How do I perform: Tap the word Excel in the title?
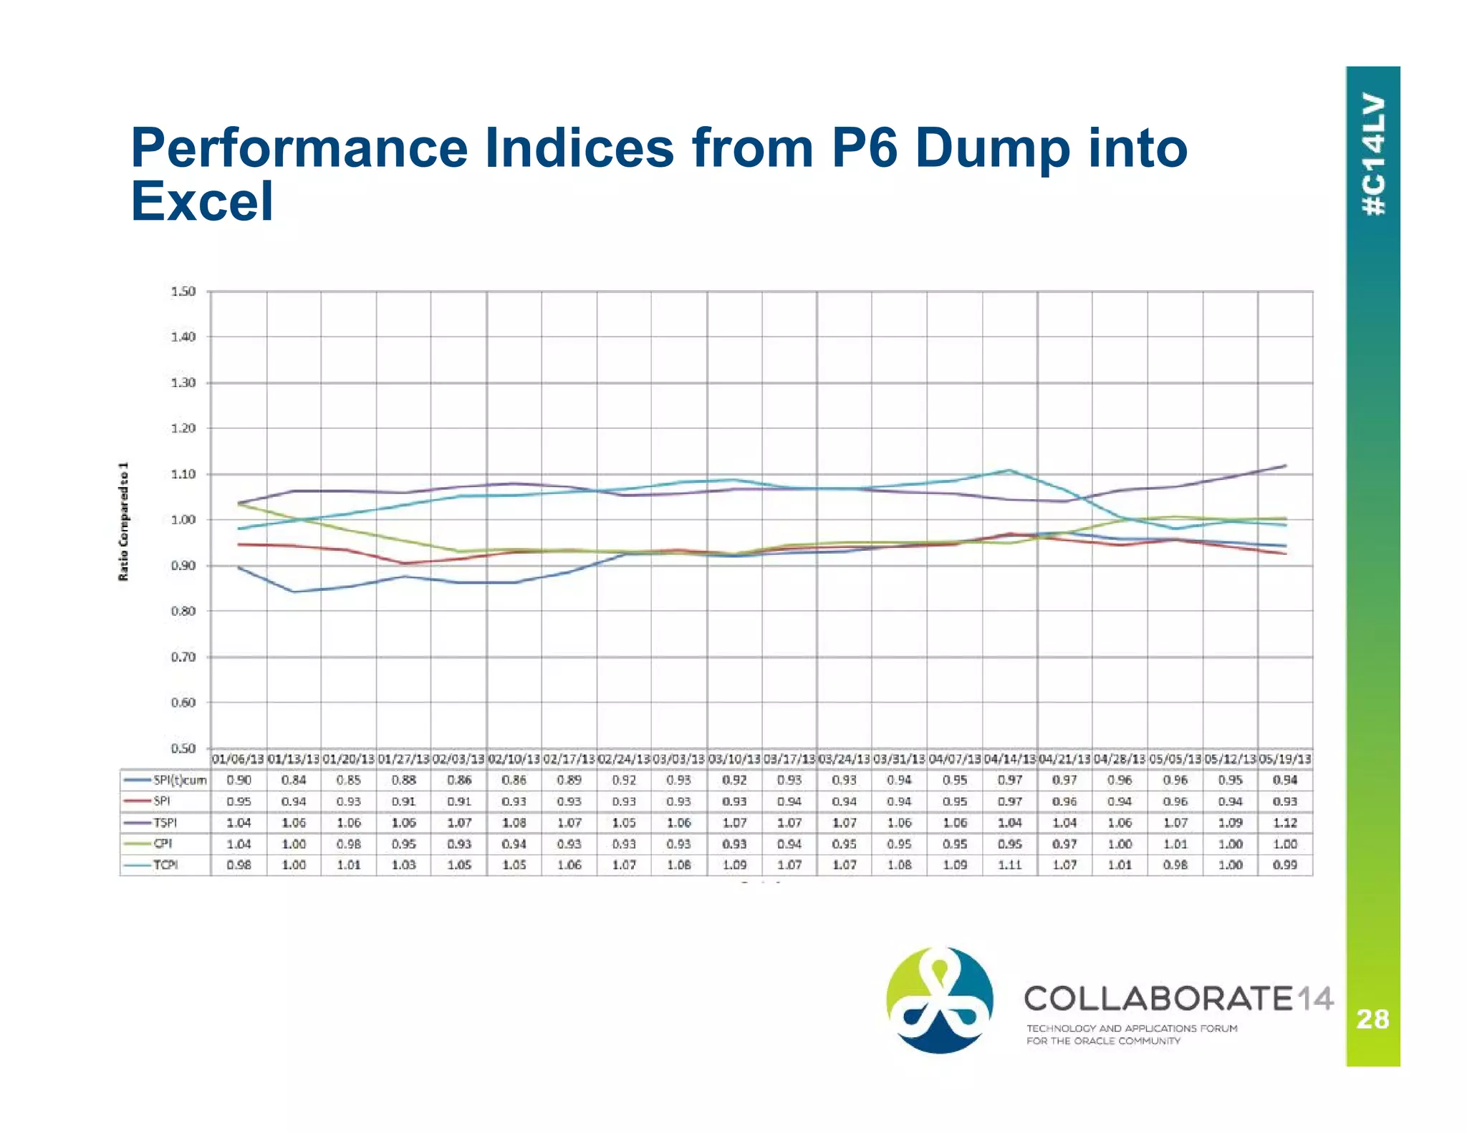click(202, 201)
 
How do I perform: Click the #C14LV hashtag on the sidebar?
click(1373, 155)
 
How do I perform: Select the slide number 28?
click(1372, 1018)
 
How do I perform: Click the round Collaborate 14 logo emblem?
click(940, 1000)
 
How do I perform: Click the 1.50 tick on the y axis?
click(183, 291)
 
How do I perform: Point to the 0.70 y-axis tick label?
click(183, 657)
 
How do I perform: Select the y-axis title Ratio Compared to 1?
click(124, 521)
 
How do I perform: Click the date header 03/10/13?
click(734, 759)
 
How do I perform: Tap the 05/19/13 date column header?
click(1285, 759)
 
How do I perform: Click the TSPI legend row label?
click(165, 823)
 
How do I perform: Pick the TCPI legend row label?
click(165, 865)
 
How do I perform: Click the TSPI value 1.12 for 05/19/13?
click(1285, 823)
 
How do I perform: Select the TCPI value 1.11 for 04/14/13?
click(1009, 865)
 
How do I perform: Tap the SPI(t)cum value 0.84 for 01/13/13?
click(294, 780)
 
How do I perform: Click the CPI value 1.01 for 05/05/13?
click(1175, 844)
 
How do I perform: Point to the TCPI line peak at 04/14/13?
click(1009, 471)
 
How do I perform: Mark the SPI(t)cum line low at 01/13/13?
click(294, 592)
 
